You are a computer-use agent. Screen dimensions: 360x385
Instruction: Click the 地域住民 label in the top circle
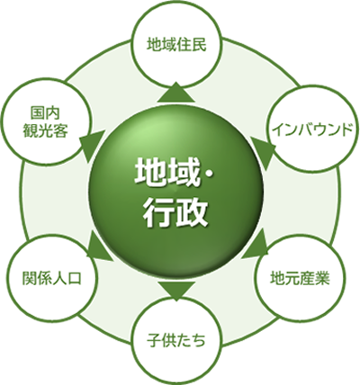click(176, 45)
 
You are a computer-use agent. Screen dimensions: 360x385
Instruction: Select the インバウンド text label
click(313, 130)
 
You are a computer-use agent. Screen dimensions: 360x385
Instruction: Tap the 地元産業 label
click(300, 278)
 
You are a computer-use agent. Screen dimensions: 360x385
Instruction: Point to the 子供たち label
click(176, 341)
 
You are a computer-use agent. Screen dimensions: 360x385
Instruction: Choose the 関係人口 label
click(51, 278)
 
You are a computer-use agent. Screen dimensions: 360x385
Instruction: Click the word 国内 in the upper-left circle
click(45, 114)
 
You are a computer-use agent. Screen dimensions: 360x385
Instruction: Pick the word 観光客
click(45, 130)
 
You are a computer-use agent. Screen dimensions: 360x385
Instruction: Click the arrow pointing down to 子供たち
click(176, 291)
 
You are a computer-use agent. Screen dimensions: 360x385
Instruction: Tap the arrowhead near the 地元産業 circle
click(255, 243)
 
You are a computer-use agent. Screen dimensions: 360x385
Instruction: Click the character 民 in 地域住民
click(200, 45)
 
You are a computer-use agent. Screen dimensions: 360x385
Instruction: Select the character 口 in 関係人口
click(74, 278)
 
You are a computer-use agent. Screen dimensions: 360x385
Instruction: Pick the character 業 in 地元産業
click(323, 278)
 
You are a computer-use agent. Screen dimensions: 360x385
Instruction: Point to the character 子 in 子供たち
click(154, 341)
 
